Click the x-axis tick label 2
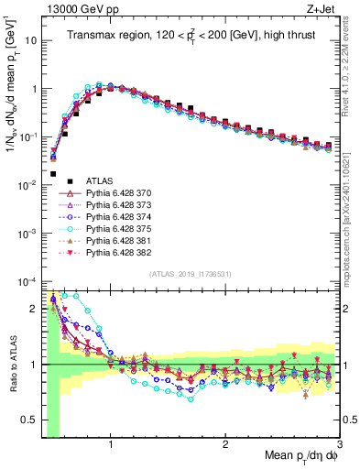point(225,443)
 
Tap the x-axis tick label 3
point(339,443)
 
